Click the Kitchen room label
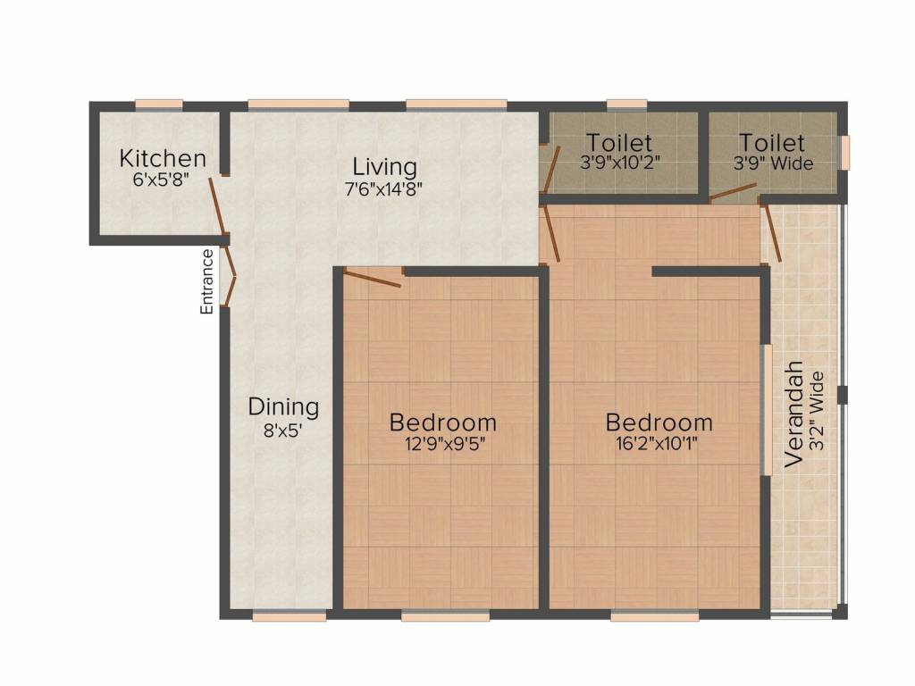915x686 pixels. tap(163, 159)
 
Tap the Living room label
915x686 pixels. tap(384, 167)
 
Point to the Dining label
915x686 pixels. tap(283, 407)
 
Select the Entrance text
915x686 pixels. tap(206, 281)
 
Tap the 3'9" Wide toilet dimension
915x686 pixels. tap(773, 163)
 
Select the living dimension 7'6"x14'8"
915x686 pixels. tap(384, 188)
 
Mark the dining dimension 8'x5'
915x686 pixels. tap(283, 428)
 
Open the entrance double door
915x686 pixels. tap(228, 276)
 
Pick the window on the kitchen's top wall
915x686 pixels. tap(159, 105)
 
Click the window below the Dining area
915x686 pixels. tap(289, 615)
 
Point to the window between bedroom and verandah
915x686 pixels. tap(766, 410)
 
